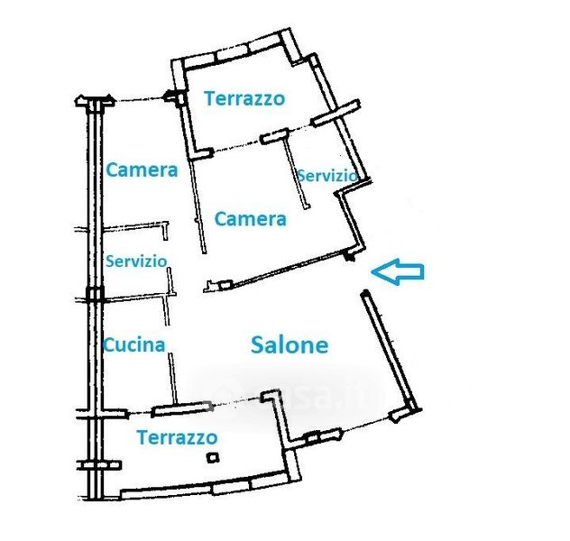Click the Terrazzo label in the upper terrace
click(x=244, y=98)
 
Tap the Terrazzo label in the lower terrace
click(x=177, y=437)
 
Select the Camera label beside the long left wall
click(x=142, y=170)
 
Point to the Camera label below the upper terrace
click(x=250, y=218)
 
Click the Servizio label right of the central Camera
click(x=327, y=175)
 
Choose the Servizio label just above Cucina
click(x=136, y=261)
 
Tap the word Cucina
click(x=133, y=344)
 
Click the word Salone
click(x=289, y=344)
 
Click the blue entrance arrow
click(x=399, y=271)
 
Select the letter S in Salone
click(x=257, y=344)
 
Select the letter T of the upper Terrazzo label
click(x=209, y=98)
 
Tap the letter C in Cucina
click(x=108, y=344)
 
